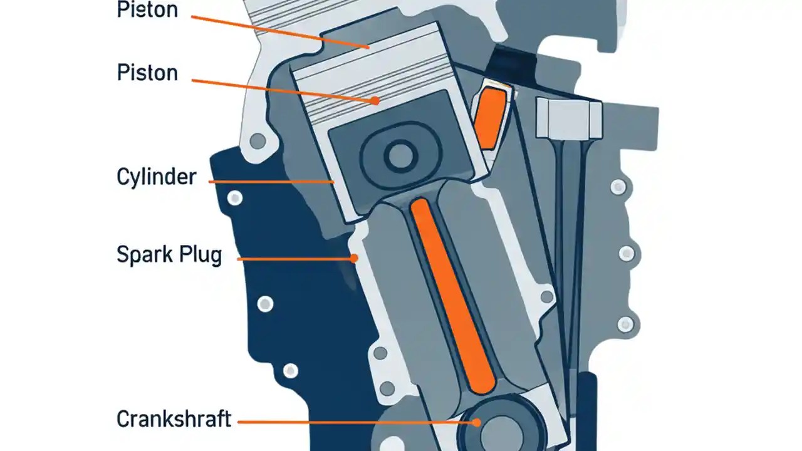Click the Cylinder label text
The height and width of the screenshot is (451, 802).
[156, 177]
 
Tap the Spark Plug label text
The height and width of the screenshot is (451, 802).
[169, 255]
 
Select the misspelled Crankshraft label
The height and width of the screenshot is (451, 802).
[174, 418]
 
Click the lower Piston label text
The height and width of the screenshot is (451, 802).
[147, 73]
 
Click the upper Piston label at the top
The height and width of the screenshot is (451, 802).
[147, 9]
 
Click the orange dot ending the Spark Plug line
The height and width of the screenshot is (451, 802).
[354, 257]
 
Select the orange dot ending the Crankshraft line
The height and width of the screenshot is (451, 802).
[477, 422]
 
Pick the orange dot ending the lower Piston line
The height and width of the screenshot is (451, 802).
[375, 100]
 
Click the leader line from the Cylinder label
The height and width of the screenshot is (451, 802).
[269, 182]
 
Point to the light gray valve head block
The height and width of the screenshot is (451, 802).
[569, 119]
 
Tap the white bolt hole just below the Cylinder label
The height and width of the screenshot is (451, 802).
[235, 199]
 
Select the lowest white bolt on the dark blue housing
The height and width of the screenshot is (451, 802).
[290, 371]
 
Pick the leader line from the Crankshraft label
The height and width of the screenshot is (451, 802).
[351, 422]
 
